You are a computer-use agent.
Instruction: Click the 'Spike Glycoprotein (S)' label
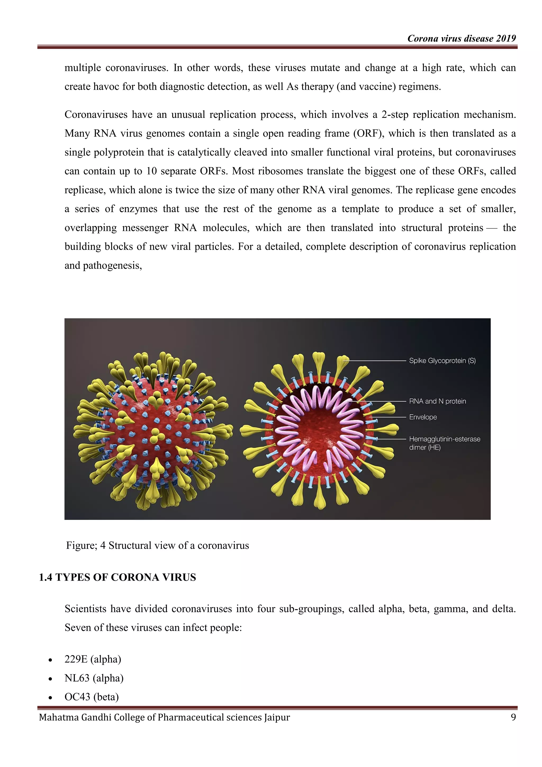tap(442, 361)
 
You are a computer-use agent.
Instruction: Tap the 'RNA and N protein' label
tap(437, 401)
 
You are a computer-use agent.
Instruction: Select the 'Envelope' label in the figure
tap(423, 417)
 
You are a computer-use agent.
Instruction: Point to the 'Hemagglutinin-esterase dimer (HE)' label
tap(445, 443)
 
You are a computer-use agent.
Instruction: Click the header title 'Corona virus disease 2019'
tap(462, 38)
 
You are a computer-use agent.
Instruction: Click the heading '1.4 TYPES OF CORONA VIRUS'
tap(118, 577)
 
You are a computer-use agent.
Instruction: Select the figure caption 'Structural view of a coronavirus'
tap(179, 546)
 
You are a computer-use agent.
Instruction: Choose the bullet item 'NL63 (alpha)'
tap(94, 678)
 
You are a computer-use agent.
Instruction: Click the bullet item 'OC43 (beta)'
tap(92, 697)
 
